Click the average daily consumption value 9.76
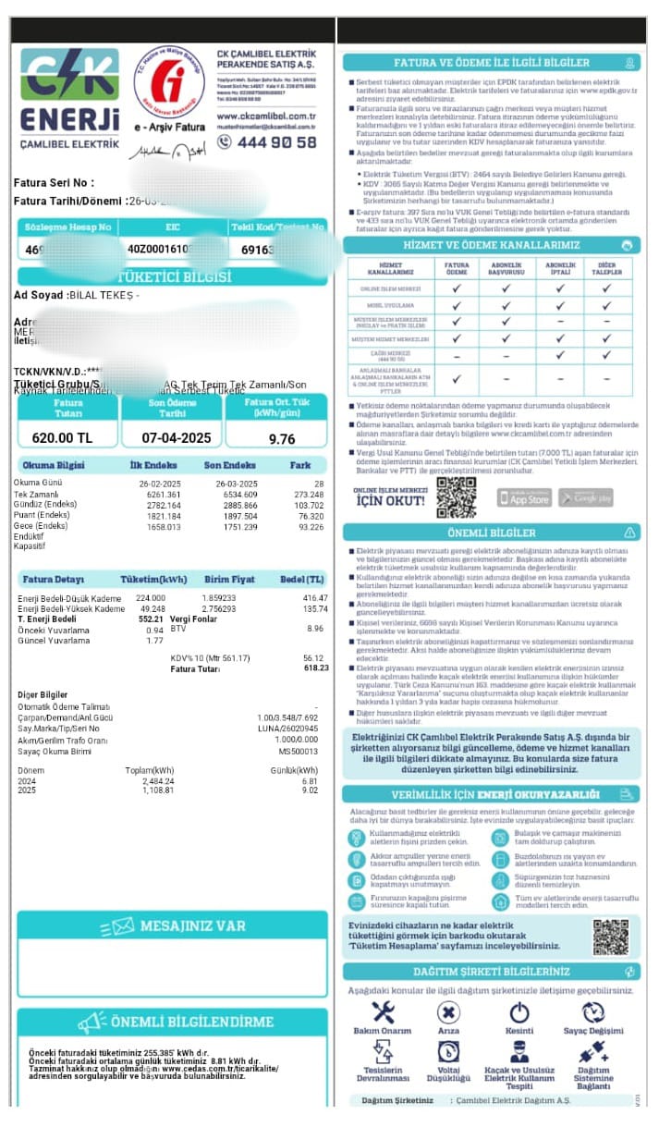pyautogui.click(x=281, y=439)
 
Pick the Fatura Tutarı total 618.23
pyautogui.click(x=316, y=667)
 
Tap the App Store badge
pyautogui.click(x=524, y=497)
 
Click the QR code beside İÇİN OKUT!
pyautogui.click(x=456, y=496)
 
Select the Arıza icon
pyautogui.click(x=448, y=1012)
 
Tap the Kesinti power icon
pyautogui.click(x=519, y=1012)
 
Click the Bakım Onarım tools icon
pyautogui.click(x=382, y=1012)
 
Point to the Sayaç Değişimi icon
pyautogui.click(x=593, y=1012)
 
